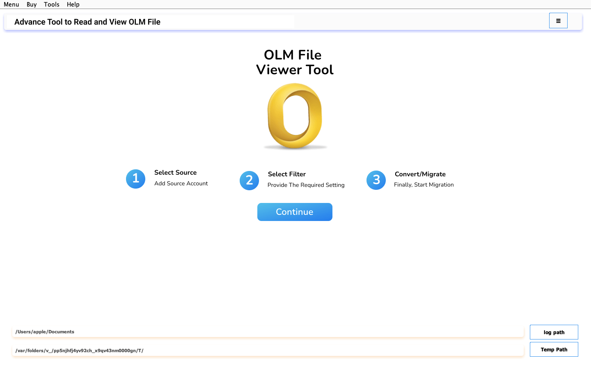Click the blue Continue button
tap(295, 212)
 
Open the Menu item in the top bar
tap(11, 5)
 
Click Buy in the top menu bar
tap(32, 5)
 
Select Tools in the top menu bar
tap(51, 5)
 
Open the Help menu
tap(73, 5)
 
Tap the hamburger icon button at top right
tap(558, 20)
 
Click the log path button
tap(554, 332)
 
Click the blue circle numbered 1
tap(135, 179)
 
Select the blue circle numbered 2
tap(250, 180)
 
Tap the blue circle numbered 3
tap(376, 180)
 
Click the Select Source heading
tap(176, 172)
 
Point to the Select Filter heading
tap(287, 174)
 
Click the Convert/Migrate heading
tap(420, 174)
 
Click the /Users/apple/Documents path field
tap(268, 332)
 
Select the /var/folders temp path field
tap(268, 351)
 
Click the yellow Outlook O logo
tap(295, 116)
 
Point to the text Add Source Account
tap(181, 183)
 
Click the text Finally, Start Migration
tap(424, 185)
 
